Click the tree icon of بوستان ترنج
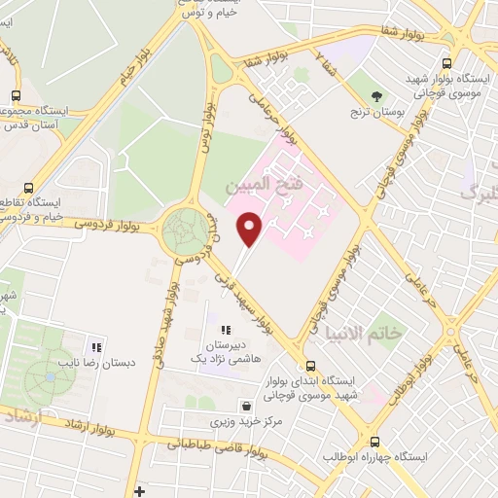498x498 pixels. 376,94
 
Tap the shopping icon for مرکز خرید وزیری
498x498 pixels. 245,407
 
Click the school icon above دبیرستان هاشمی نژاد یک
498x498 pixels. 227,331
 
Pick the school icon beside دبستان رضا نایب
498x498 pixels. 95,346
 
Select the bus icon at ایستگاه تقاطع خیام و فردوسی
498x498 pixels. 27,188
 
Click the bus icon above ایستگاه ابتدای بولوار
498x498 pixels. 310,367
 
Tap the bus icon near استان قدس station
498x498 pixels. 15,95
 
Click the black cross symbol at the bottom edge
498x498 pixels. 140,491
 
